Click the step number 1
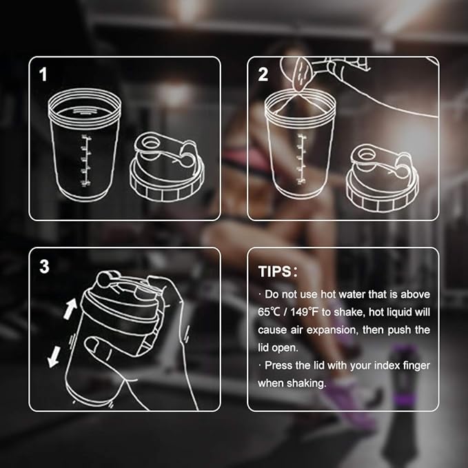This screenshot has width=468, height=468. tap(43, 74)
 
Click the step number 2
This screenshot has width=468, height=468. tap(263, 74)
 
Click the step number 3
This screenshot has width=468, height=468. tap(44, 266)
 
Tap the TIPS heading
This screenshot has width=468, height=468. tap(278, 271)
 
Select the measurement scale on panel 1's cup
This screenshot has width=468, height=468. tap(86, 161)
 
